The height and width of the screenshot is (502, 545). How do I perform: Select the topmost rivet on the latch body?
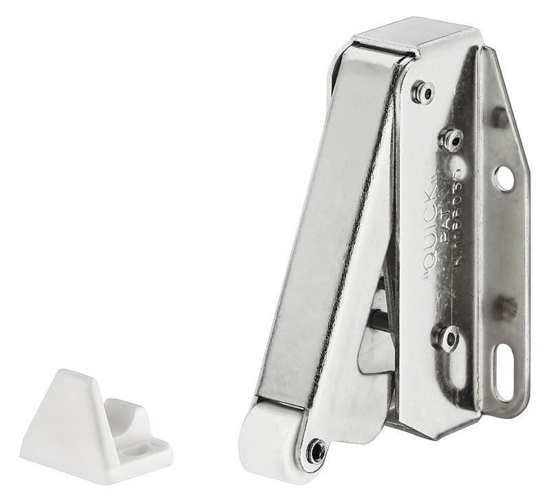click(x=423, y=91)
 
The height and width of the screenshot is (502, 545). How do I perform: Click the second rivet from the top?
click(x=451, y=139)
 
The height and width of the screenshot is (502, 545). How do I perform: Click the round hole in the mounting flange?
click(x=505, y=178)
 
